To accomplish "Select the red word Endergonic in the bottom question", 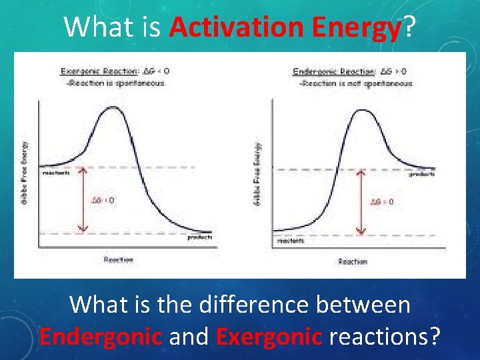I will pyautogui.click(x=101, y=335).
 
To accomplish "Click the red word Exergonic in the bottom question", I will pyautogui.click(x=269, y=335).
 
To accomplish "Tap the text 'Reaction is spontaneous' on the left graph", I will pyautogui.click(x=115, y=83).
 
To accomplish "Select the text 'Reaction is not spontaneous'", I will pyautogui.click(x=357, y=83).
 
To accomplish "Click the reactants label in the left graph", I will pyautogui.click(x=56, y=173).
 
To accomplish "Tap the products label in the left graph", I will pyautogui.click(x=199, y=237).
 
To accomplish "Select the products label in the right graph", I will pyautogui.click(x=422, y=175).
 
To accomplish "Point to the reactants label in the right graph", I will pyautogui.click(x=290, y=241).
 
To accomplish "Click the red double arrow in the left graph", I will pyautogui.click(x=81, y=199).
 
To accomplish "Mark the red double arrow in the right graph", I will pyautogui.click(x=361, y=202).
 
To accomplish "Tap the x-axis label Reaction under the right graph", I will pyautogui.click(x=353, y=261).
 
